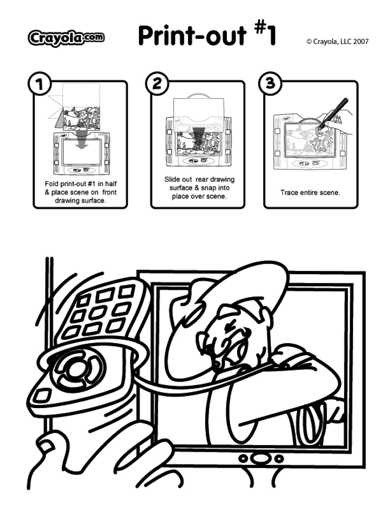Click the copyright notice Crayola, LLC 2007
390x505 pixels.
coord(337,42)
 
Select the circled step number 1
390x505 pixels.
coord(40,84)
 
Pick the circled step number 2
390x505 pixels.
coord(157,84)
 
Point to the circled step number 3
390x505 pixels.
coord(270,84)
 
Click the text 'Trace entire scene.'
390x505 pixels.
coord(310,193)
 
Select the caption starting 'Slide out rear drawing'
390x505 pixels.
coord(199,188)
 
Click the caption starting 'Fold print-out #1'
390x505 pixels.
coord(81,192)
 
